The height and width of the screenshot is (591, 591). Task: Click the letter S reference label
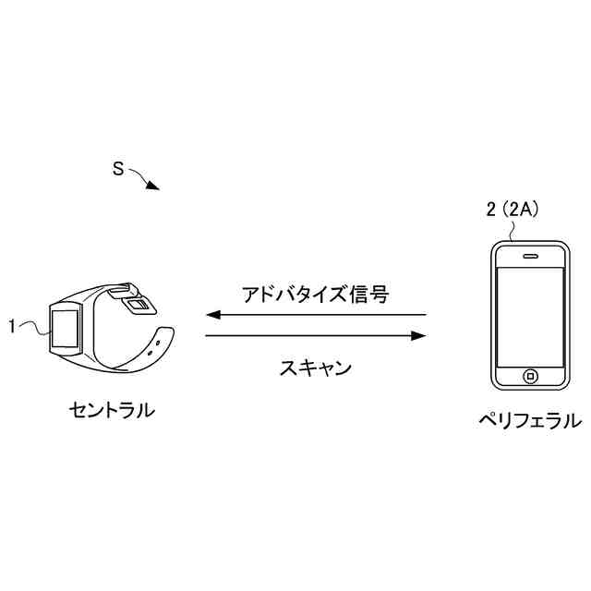118,169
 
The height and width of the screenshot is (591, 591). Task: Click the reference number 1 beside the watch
12,325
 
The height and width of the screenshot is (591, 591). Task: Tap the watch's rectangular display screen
66,327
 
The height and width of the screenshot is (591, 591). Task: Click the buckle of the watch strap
136,303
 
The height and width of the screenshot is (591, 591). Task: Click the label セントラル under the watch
112,408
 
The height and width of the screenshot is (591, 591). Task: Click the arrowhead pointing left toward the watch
211,315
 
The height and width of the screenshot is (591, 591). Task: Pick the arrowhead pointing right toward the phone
419,335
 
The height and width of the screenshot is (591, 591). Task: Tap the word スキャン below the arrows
315,368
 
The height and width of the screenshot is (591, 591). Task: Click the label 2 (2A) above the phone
512,211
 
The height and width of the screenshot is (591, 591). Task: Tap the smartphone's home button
531,376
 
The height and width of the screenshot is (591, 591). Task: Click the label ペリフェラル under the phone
529,421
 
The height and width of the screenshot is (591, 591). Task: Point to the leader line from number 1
33,326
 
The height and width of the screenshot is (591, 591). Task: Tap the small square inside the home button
531,376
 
